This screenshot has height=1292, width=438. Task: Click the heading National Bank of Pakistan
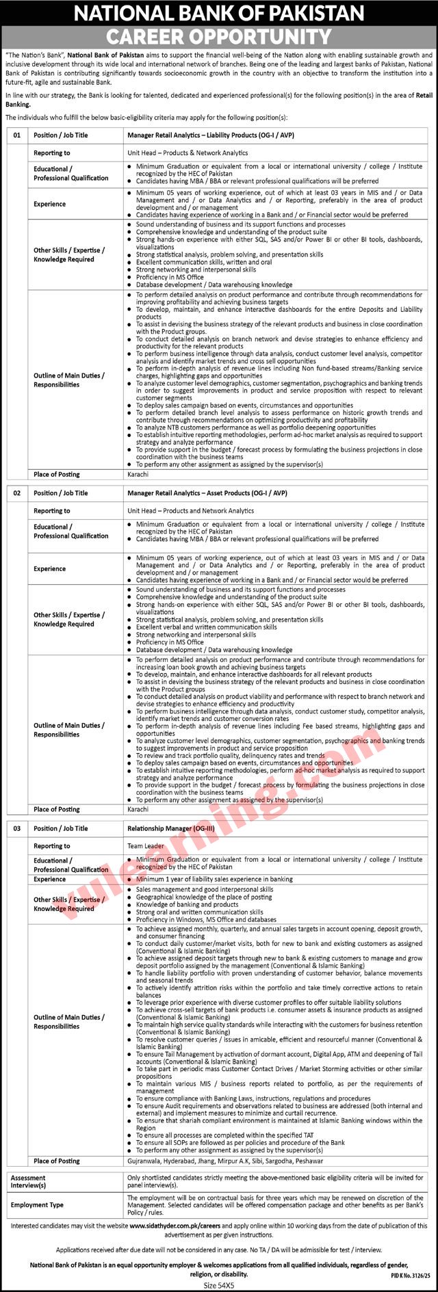219,13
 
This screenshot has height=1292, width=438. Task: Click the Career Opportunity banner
219,36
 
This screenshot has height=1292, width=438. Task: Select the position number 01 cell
17,135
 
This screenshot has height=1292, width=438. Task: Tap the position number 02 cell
17,493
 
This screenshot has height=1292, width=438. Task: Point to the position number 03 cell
17,828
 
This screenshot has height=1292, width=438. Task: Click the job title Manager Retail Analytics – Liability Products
203,135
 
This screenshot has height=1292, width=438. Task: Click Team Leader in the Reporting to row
146,846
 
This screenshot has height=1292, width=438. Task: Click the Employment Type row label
37,1205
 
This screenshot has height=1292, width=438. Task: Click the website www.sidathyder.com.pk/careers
174,1226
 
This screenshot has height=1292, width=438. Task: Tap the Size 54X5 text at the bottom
219,1285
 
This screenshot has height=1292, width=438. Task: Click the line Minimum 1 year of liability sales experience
214,879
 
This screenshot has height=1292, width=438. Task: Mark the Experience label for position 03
50,879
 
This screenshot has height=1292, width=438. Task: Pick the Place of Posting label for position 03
57,1161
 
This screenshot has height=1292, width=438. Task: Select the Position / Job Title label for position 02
61,493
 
